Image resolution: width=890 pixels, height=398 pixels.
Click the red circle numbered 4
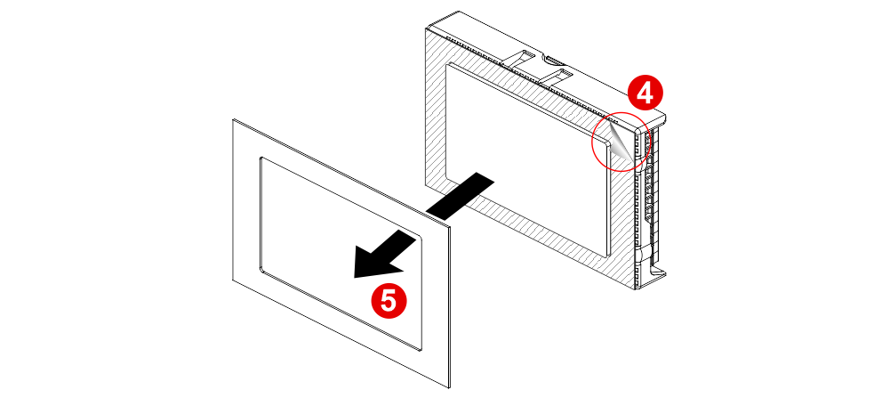click(645, 93)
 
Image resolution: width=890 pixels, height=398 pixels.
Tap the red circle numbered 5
click(389, 301)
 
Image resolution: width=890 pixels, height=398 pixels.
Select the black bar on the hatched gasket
click(461, 195)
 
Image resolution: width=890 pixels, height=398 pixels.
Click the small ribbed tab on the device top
click(555, 59)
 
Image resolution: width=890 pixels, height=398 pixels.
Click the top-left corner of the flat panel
click(233, 119)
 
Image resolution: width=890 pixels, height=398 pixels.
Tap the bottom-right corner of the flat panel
click(449, 389)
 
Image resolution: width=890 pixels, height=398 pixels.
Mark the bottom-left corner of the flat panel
click(233, 280)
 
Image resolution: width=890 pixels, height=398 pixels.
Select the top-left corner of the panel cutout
click(261, 158)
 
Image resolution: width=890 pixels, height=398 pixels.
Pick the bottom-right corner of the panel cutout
click(421, 350)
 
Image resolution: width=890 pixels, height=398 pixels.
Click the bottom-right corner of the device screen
click(608, 256)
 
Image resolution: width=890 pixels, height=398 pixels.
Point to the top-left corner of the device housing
click(426, 28)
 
